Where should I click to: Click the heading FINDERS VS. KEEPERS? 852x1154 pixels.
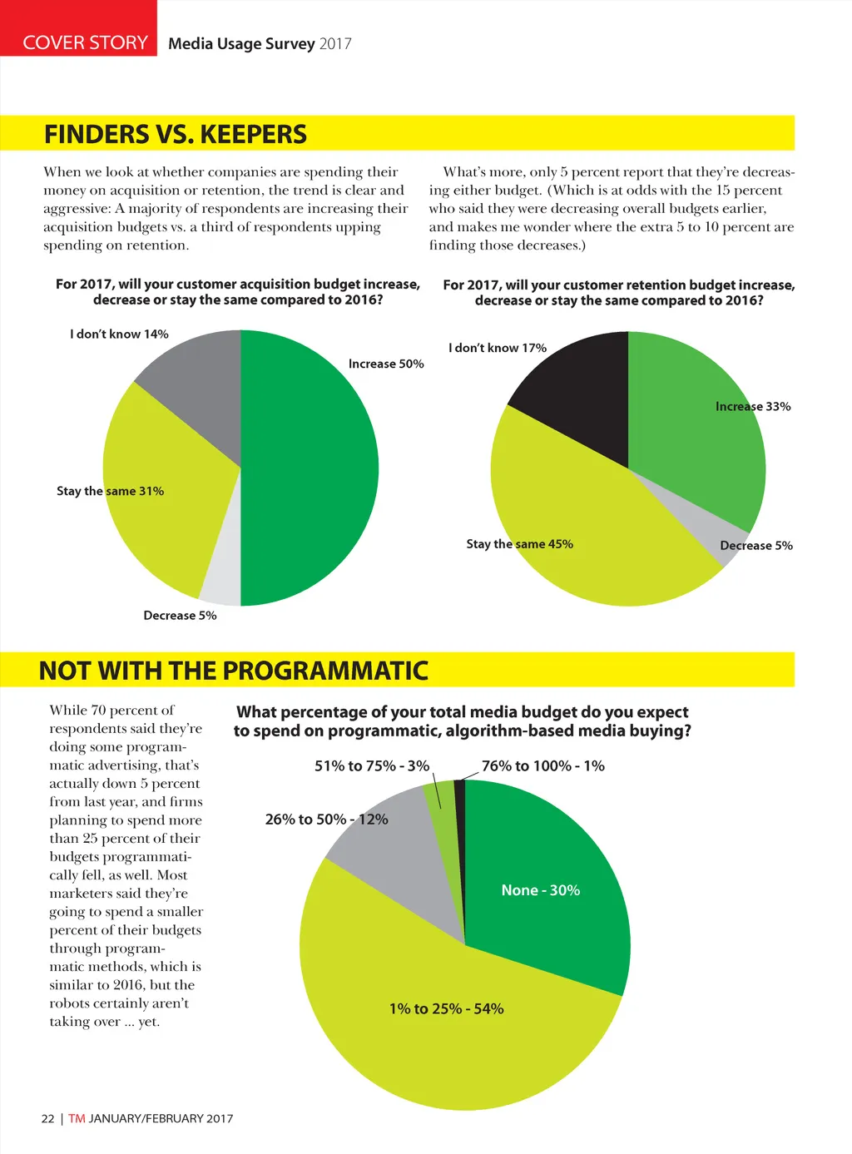[176, 134]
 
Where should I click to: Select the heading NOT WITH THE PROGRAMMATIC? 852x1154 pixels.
[234, 671]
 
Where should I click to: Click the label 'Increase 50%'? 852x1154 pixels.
[386, 364]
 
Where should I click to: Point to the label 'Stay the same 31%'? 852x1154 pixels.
[110, 491]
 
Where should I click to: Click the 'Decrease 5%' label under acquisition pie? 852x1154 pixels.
[180, 616]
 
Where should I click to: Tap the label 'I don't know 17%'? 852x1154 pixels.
[498, 348]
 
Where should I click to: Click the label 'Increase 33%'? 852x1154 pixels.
[753, 406]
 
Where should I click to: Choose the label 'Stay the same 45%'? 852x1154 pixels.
[519, 544]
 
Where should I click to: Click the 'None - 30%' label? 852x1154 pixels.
[541, 890]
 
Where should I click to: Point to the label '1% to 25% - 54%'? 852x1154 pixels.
[447, 1008]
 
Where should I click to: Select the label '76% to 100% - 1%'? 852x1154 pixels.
[543, 765]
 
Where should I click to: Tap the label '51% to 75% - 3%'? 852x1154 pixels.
[372, 765]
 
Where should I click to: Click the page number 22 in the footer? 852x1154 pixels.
[47, 1118]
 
